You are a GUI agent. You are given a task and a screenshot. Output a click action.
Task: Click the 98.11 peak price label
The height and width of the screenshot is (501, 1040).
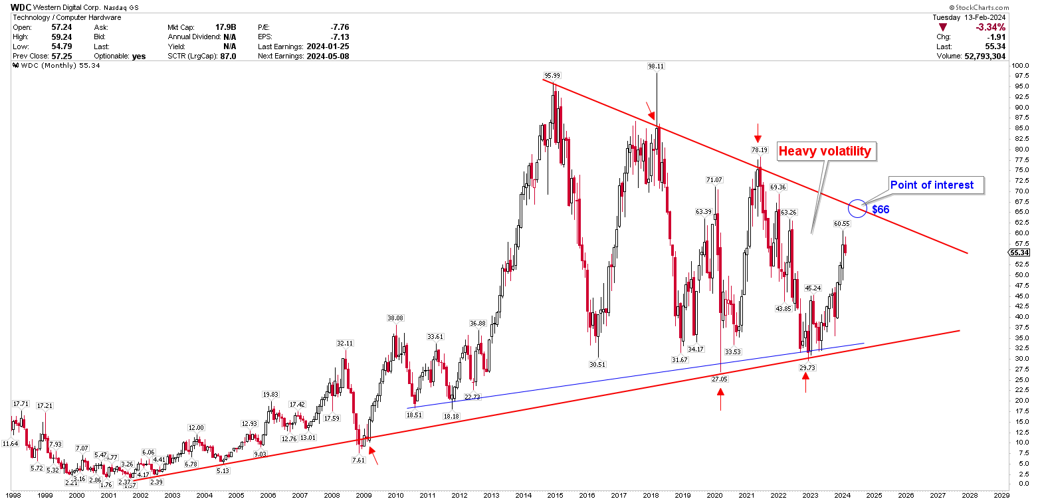pyautogui.click(x=656, y=66)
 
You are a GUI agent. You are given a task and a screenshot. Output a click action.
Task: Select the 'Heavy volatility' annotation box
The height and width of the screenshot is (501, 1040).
pyautogui.click(x=824, y=151)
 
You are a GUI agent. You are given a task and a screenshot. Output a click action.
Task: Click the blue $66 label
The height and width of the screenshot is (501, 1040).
pyautogui.click(x=881, y=209)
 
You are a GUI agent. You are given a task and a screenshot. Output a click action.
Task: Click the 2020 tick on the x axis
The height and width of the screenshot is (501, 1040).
pyautogui.click(x=714, y=495)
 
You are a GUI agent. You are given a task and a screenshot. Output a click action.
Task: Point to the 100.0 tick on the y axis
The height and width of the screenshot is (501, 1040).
pyautogui.click(x=1019, y=65)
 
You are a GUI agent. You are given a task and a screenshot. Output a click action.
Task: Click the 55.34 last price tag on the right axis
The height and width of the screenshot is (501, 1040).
pyautogui.click(x=1019, y=253)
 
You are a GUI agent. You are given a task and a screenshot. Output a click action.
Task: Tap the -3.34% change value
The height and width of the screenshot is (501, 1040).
pyautogui.click(x=990, y=27)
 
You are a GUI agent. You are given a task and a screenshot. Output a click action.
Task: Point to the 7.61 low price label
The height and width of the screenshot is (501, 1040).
pyautogui.click(x=359, y=460)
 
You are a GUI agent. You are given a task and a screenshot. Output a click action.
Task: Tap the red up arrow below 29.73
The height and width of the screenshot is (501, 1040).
pyautogui.click(x=805, y=382)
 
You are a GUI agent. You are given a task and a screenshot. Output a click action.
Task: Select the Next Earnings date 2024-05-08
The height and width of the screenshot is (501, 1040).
pyautogui.click(x=327, y=56)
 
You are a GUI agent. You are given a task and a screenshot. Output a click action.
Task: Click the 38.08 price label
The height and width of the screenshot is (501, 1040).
pyautogui.click(x=396, y=318)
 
